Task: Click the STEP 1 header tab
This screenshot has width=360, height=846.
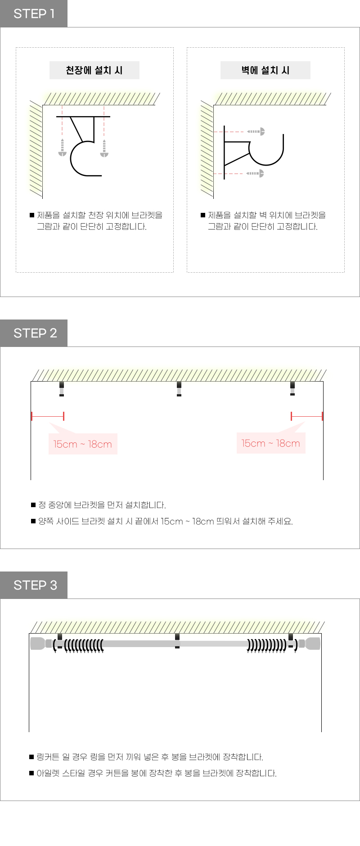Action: (34, 13)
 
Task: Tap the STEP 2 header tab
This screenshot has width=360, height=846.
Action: (34, 333)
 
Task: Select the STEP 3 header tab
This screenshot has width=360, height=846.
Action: (34, 585)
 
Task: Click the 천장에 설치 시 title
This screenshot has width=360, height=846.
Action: (94, 70)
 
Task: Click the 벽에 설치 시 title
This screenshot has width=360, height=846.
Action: (265, 70)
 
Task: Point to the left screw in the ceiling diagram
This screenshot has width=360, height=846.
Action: (63, 148)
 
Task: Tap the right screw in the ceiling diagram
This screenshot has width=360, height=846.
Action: (104, 148)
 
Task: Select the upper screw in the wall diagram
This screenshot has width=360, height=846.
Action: (256, 131)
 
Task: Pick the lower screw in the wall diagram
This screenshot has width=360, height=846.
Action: (255, 173)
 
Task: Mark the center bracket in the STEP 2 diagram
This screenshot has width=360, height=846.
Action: (179, 389)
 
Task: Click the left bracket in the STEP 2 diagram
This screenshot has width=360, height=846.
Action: (62, 389)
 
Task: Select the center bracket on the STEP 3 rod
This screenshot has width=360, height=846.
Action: (177, 641)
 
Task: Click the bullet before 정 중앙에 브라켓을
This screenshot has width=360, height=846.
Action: (33, 505)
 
